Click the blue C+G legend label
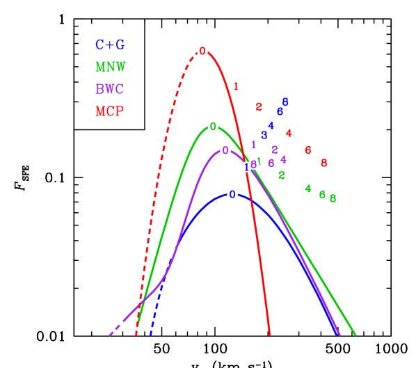[x=110, y=45]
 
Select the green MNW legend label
[x=110, y=67]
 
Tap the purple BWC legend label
[x=110, y=89]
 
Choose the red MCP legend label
[x=110, y=111]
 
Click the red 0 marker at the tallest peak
[x=202, y=51]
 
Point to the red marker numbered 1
[x=236, y=86]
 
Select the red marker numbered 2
[x=259, y=106]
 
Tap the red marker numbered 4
[x=289, y=133]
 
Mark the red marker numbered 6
[x=308, y=150]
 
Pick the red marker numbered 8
[x=324, y=163]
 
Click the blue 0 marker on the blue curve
[x=232, y=194]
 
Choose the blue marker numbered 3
[x=264, y=135]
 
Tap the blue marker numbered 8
[x=285, y=102]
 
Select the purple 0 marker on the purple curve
[x=225, y=150]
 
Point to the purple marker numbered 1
[x=253, y=144]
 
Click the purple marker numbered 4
[x=284, y=159]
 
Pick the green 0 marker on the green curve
[x=213, y=127]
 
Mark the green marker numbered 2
[x=282, y=175]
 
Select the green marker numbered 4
[x=308, y=188]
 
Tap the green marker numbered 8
[x=333, y=198]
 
